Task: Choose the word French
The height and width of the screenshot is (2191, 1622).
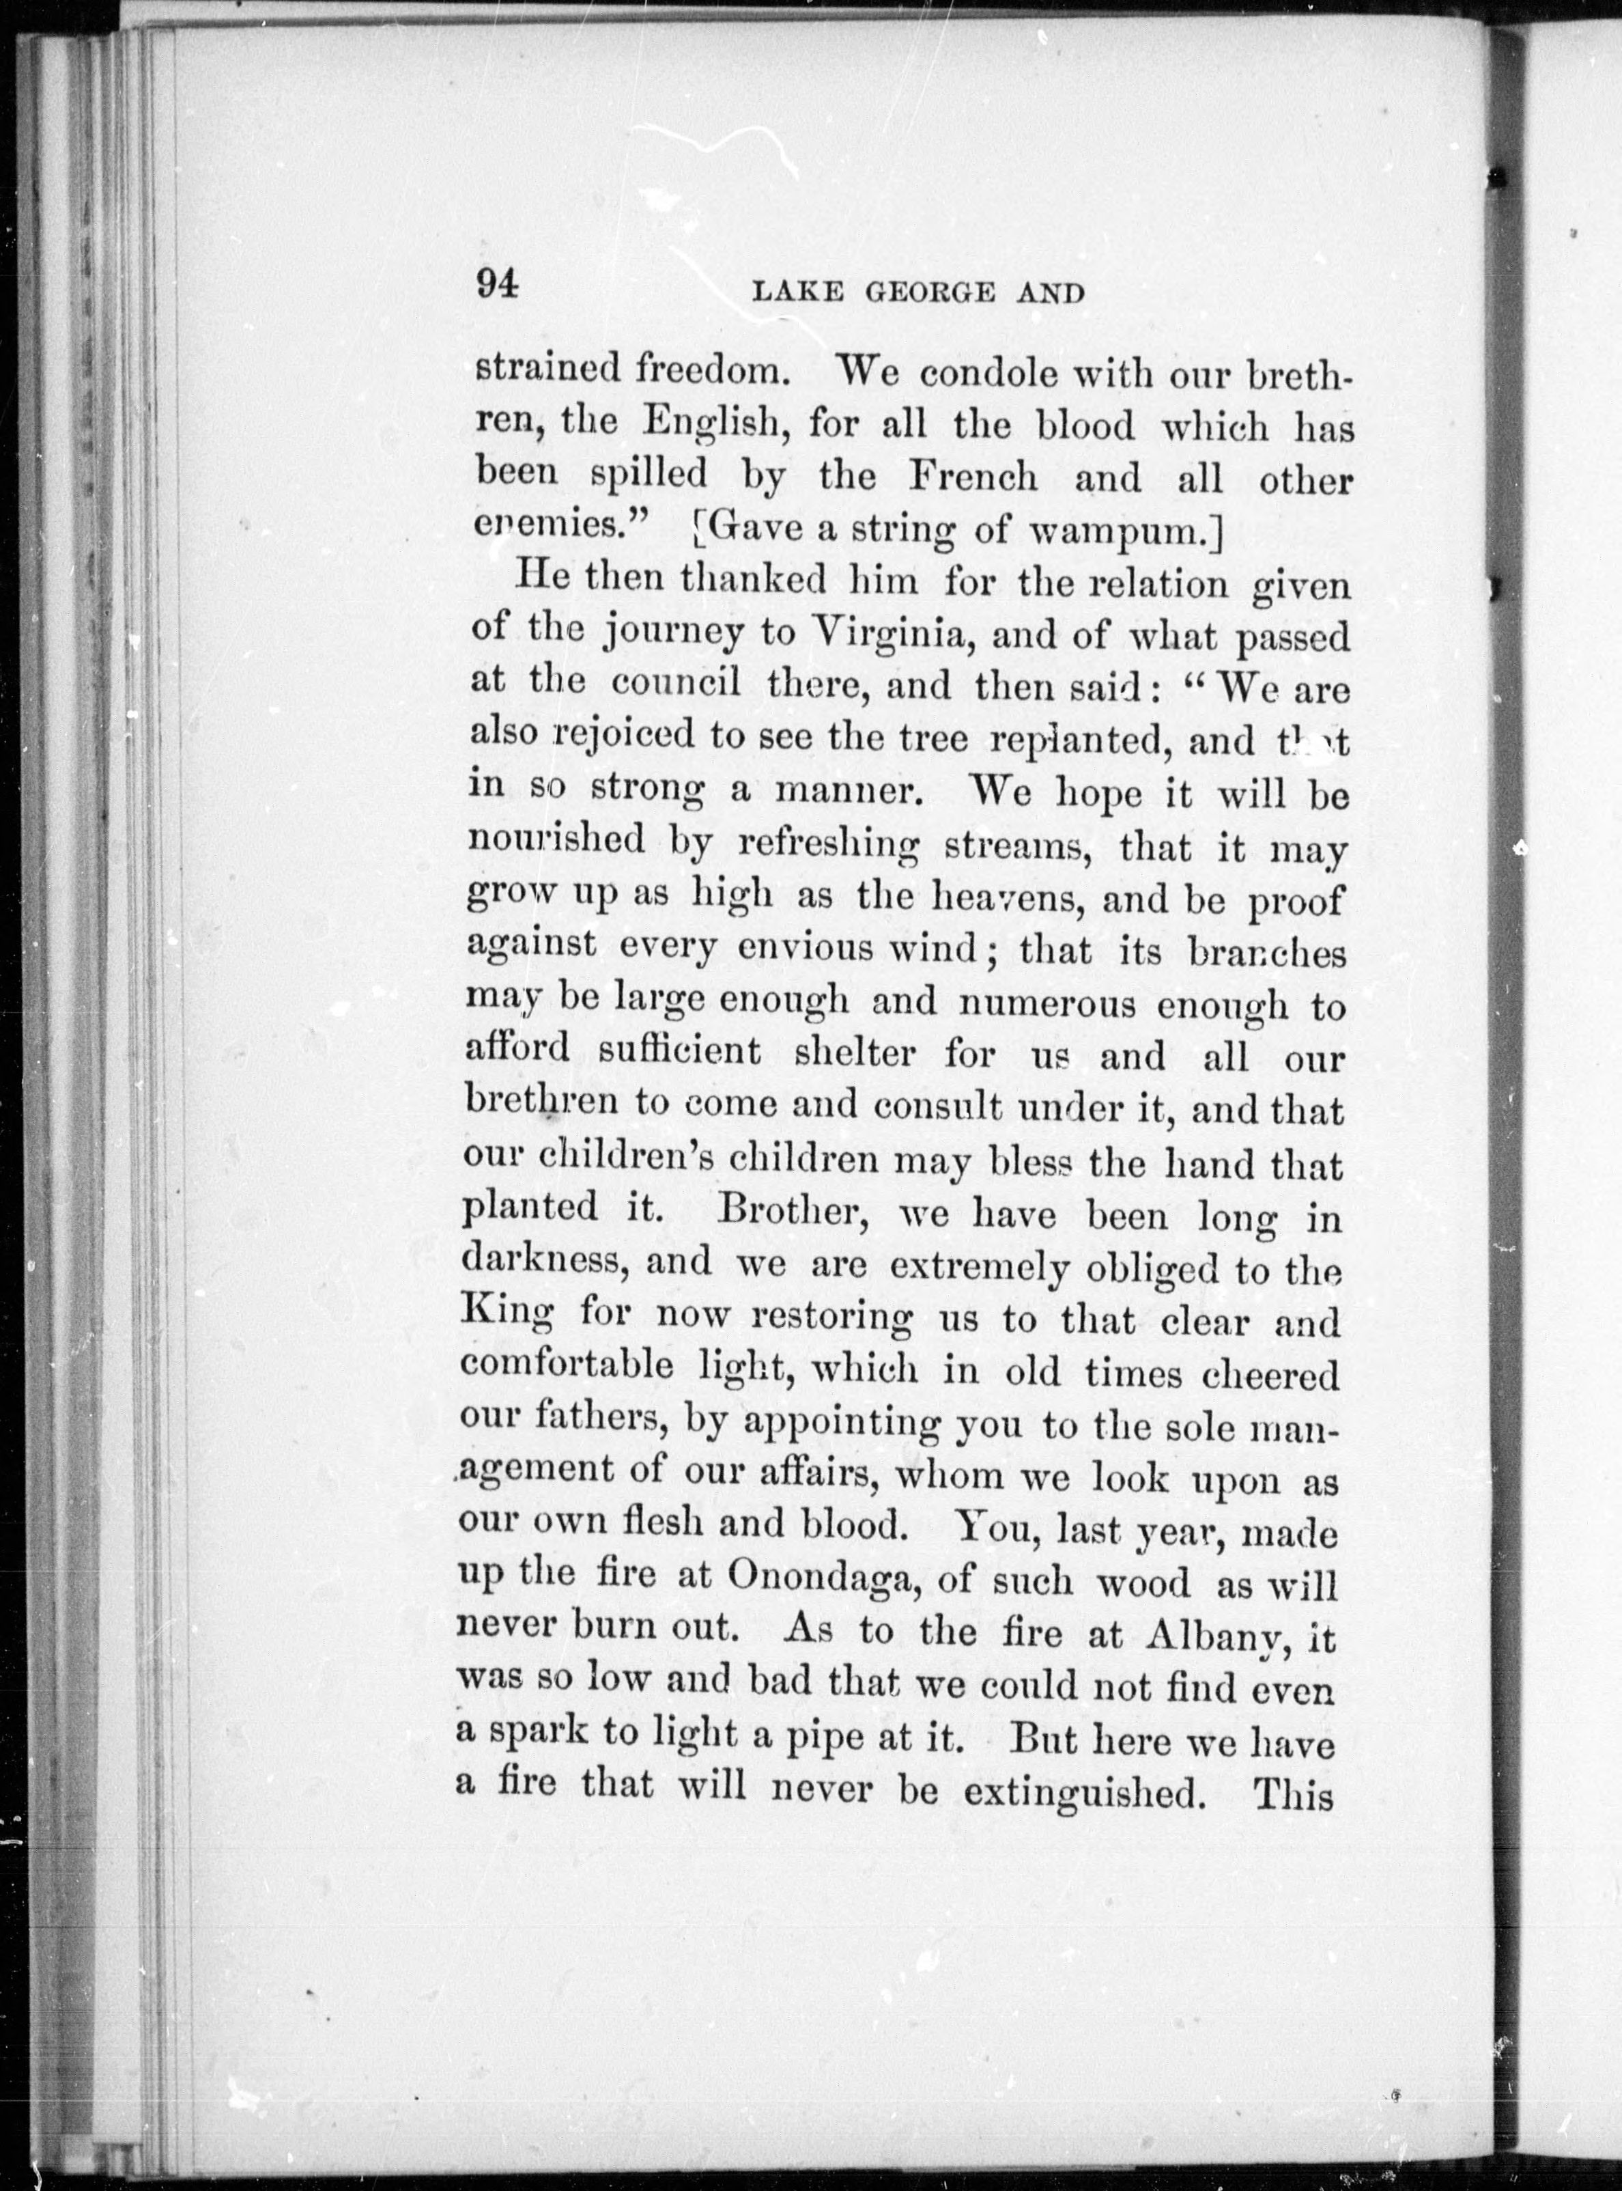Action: (x=972, y=477)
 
